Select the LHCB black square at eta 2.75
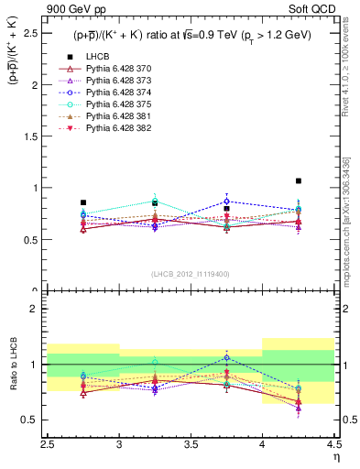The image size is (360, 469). (x=83, y=202)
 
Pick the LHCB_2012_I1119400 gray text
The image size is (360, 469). (x=191, y=274)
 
